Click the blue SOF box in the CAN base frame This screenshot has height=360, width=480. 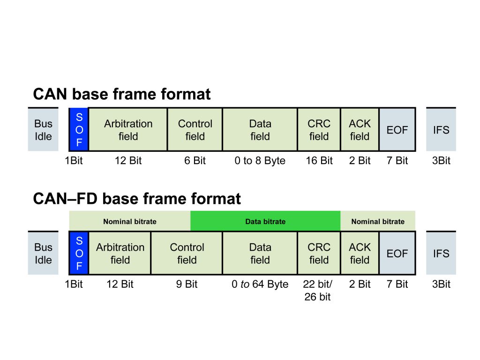click(x=79, y=129)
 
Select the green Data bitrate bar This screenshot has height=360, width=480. click(x=265, y=221)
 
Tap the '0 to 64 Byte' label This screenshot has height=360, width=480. click(x=260, y=284)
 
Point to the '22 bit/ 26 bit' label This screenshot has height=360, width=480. click(x=318, y=290)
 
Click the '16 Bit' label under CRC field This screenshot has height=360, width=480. click(x=319, y=160)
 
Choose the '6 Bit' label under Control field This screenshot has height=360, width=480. click(x=195, y=160)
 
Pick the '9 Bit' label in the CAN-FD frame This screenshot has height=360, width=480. click(x=187, y=284)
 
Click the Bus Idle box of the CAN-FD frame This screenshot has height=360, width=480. click(x=43, y=253)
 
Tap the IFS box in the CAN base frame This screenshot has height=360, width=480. click(x=441, y=129)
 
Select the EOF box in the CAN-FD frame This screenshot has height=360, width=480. click(x=397, y=253)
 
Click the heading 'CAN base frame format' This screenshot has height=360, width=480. click(x=122, y=94)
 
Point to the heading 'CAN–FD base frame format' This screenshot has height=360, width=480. click(x=137, y=199)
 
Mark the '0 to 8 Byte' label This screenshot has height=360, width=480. click(x=260, y=160)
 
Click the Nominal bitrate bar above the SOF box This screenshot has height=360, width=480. click(x=129, y=221)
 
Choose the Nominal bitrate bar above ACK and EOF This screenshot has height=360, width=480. click(x=378, y=221)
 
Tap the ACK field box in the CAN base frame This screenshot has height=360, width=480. click(x=360, y=130)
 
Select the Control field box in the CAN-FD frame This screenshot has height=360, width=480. click(x=187, y=253)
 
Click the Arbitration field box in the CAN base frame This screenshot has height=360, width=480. click(x=128, y=130)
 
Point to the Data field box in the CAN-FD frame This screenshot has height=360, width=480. click(x=260, y=253)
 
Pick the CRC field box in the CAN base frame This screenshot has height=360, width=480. click(x=319, y=130)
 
